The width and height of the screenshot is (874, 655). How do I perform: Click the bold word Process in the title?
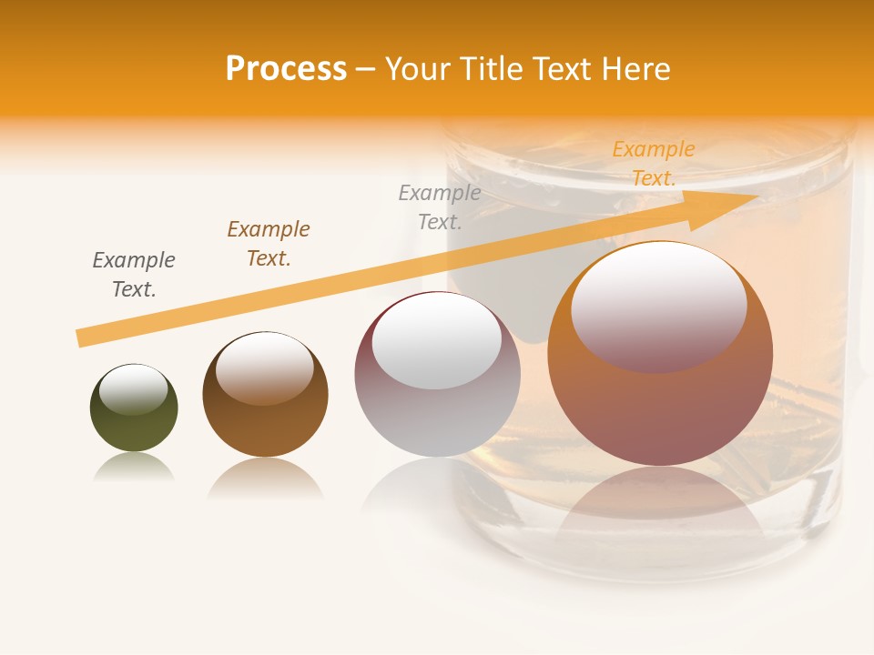pos(286,69)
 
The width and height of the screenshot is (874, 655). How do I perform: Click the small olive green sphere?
pos(134,408)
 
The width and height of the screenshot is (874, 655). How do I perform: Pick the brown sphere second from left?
pos(265,394)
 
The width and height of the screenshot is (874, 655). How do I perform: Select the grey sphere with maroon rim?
pos(437,374)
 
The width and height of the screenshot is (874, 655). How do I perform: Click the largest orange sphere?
pos(660,353)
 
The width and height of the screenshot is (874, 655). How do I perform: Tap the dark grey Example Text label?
pos(134,275)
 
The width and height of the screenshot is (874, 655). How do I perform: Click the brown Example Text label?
pos(269,244)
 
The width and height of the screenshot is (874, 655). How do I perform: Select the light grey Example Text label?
pos(440,207)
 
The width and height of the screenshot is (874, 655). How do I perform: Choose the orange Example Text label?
pos(654,164)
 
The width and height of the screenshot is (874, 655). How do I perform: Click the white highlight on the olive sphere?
pos(133,389)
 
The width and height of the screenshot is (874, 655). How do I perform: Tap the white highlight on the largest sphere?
pos(658,307)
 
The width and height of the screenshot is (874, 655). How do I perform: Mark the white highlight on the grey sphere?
pos(437,341)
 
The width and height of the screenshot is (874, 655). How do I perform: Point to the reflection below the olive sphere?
pos(134,468)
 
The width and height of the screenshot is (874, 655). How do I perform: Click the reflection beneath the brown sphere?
pos(265,479)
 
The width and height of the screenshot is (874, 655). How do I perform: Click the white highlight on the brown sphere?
pos(265,368)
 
